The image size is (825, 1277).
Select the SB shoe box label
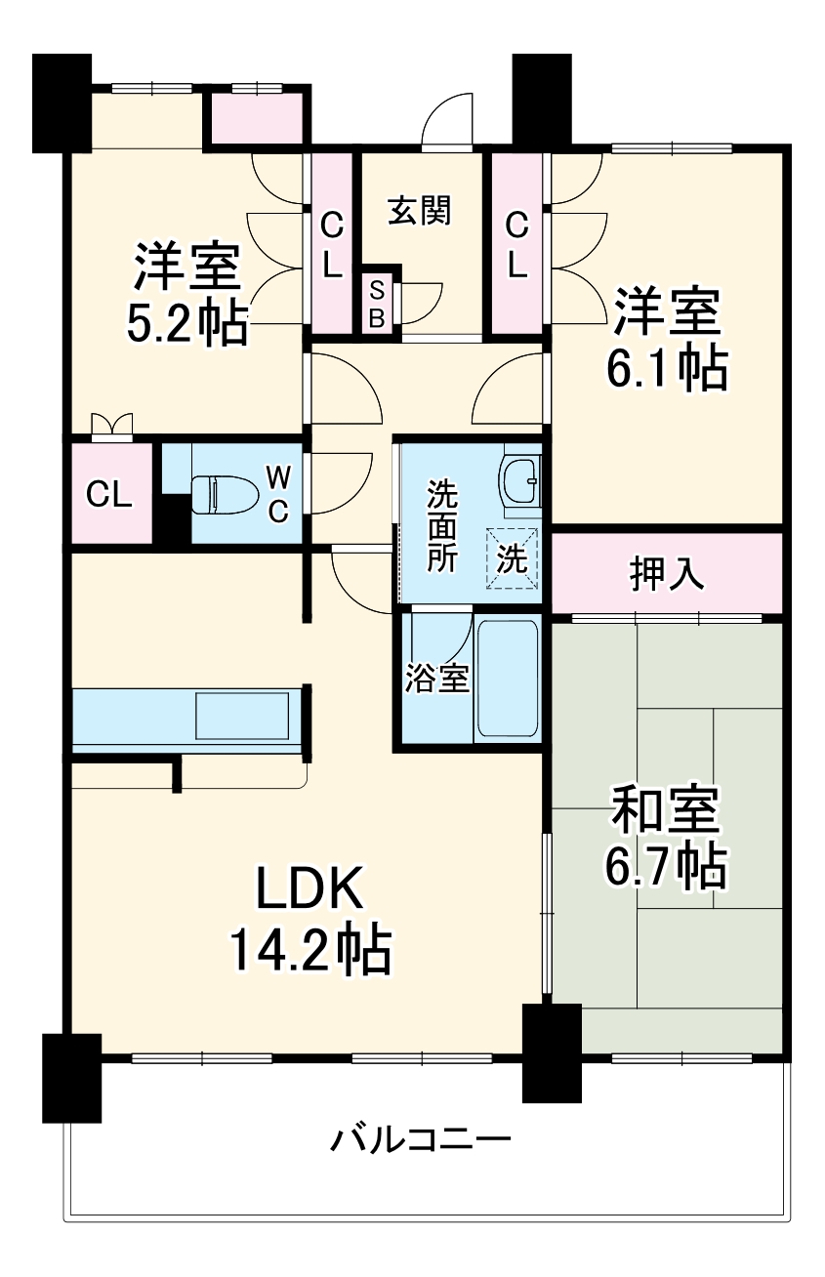[378, 304]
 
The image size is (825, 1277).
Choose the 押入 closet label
[667, 575]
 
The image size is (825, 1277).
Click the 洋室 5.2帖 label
[186, 294]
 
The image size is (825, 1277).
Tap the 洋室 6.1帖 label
[669, 337]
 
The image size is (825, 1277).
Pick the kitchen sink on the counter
[242, 716]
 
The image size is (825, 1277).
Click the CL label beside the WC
[109, 494]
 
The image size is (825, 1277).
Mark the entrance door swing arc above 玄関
[448, 121]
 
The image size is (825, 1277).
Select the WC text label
[278, 494]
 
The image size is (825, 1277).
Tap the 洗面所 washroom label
[440, 527]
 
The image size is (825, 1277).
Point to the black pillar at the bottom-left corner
[71, 1077]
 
